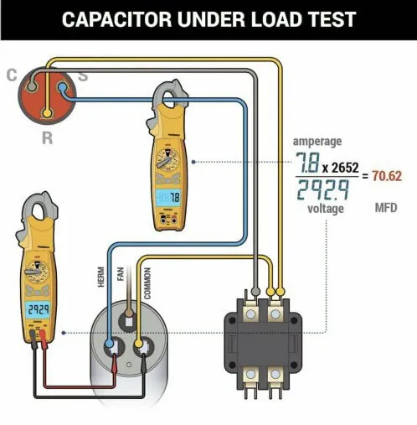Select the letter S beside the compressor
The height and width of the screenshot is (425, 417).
click(84, 77)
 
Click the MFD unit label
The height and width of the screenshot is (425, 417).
click(385, 206)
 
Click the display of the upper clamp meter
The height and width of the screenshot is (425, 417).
click(172, 197)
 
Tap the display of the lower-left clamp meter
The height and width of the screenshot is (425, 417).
click(36, 309)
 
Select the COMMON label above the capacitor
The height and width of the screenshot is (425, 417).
click(147, 281)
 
